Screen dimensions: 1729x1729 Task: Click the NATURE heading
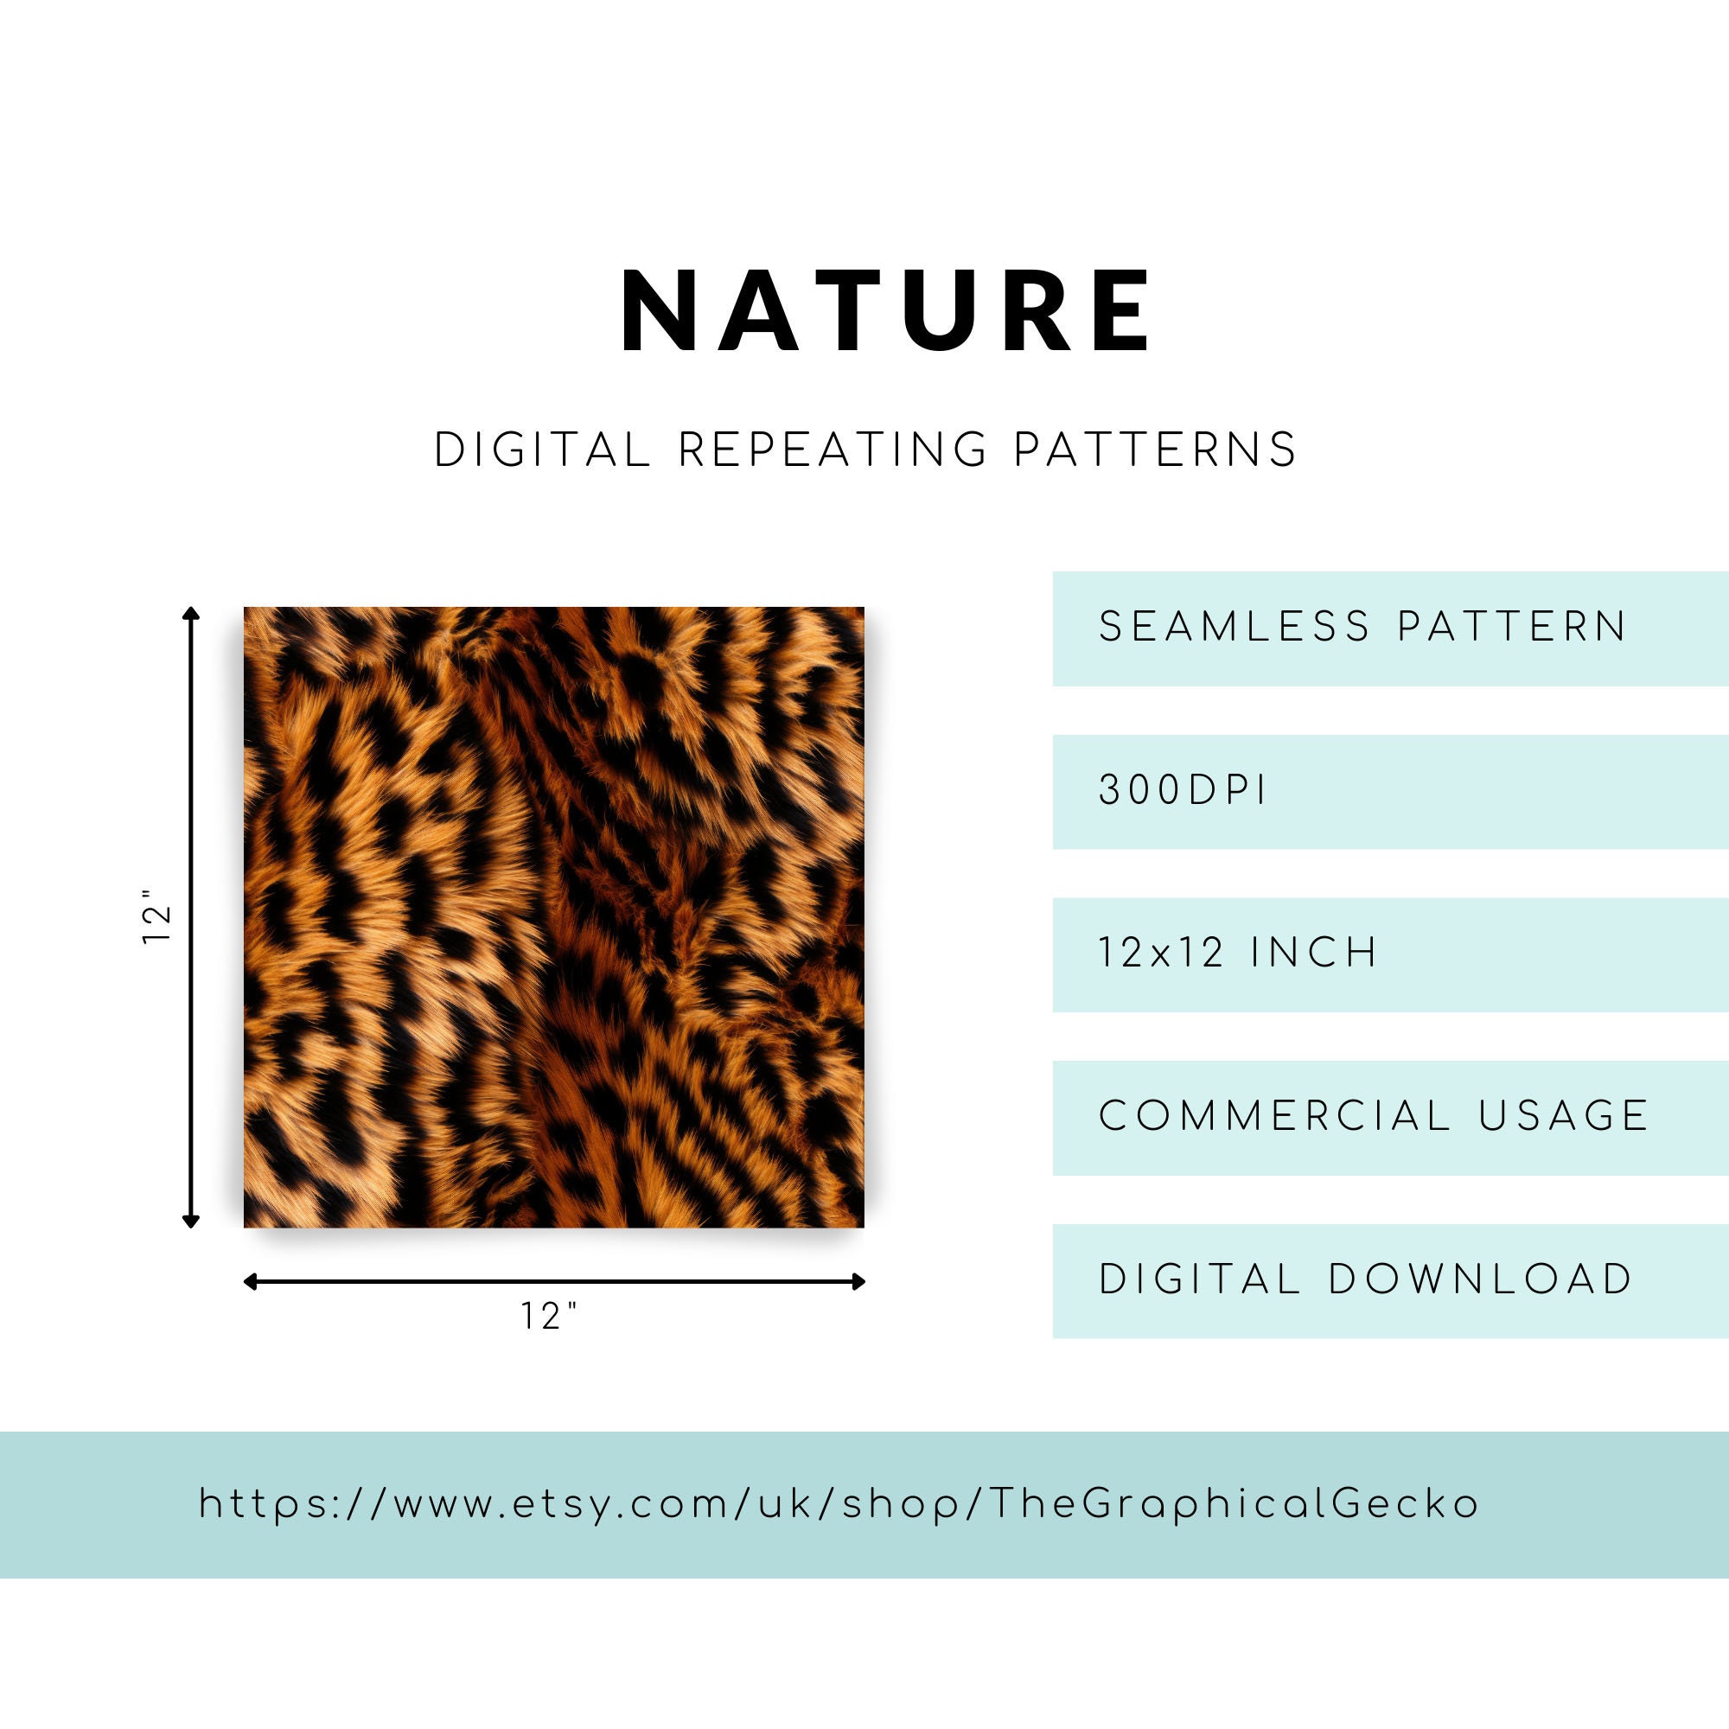pyautogui.click(x=886, y=311)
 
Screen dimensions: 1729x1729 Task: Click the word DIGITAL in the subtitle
pyautogui.click(x=542, y=450)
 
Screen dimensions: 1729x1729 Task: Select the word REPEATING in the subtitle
pyautogui.click(x=833, y=450)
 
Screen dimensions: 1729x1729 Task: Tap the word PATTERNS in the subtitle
pyautogui.click(x=1155, y=450)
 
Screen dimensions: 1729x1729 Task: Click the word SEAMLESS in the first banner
pyautogui.click(x=1235, y=627)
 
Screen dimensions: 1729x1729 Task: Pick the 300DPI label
pyautogui.click(x=1182, y=790)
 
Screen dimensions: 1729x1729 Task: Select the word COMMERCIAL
pyautogui.click(x=1274, y=1116)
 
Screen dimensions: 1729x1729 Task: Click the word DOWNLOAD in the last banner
pyautogui.click(x=1481, y=1279)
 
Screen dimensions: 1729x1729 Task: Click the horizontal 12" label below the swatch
pyautogui.click(x=550, y=1316)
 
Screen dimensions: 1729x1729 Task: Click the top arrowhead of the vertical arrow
pyautogui.click(x=190, y=612)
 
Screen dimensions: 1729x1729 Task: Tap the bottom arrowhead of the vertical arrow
pyautogui.click(x=190, y=1221)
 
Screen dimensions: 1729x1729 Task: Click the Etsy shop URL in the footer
pyautogui.click(x=839, y=1504)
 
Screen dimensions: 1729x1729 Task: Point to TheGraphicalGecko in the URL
pyautogui.click(x=1235, y=1504)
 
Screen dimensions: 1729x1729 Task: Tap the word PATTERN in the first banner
pyautogui.click(x=1512, y=627)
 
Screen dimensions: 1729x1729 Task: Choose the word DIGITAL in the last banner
pyautogui.click(x=1199, y=1279)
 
